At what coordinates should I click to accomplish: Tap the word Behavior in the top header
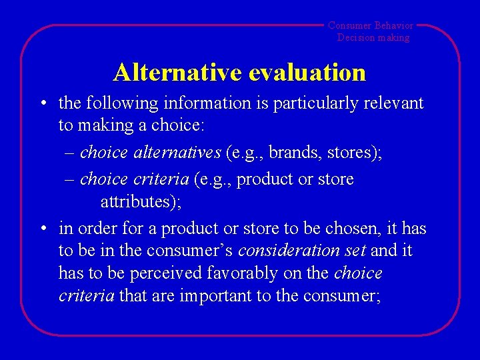point(394,25)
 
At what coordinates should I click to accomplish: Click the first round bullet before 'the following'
point(42,103)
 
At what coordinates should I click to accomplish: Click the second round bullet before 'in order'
point(42,229)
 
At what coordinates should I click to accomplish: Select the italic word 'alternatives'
point(177,153)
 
